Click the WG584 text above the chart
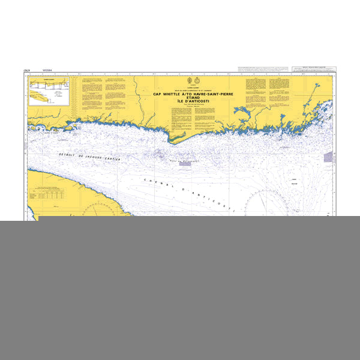tap(47, 70)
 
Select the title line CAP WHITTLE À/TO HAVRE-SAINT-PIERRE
tap(196, 94)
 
